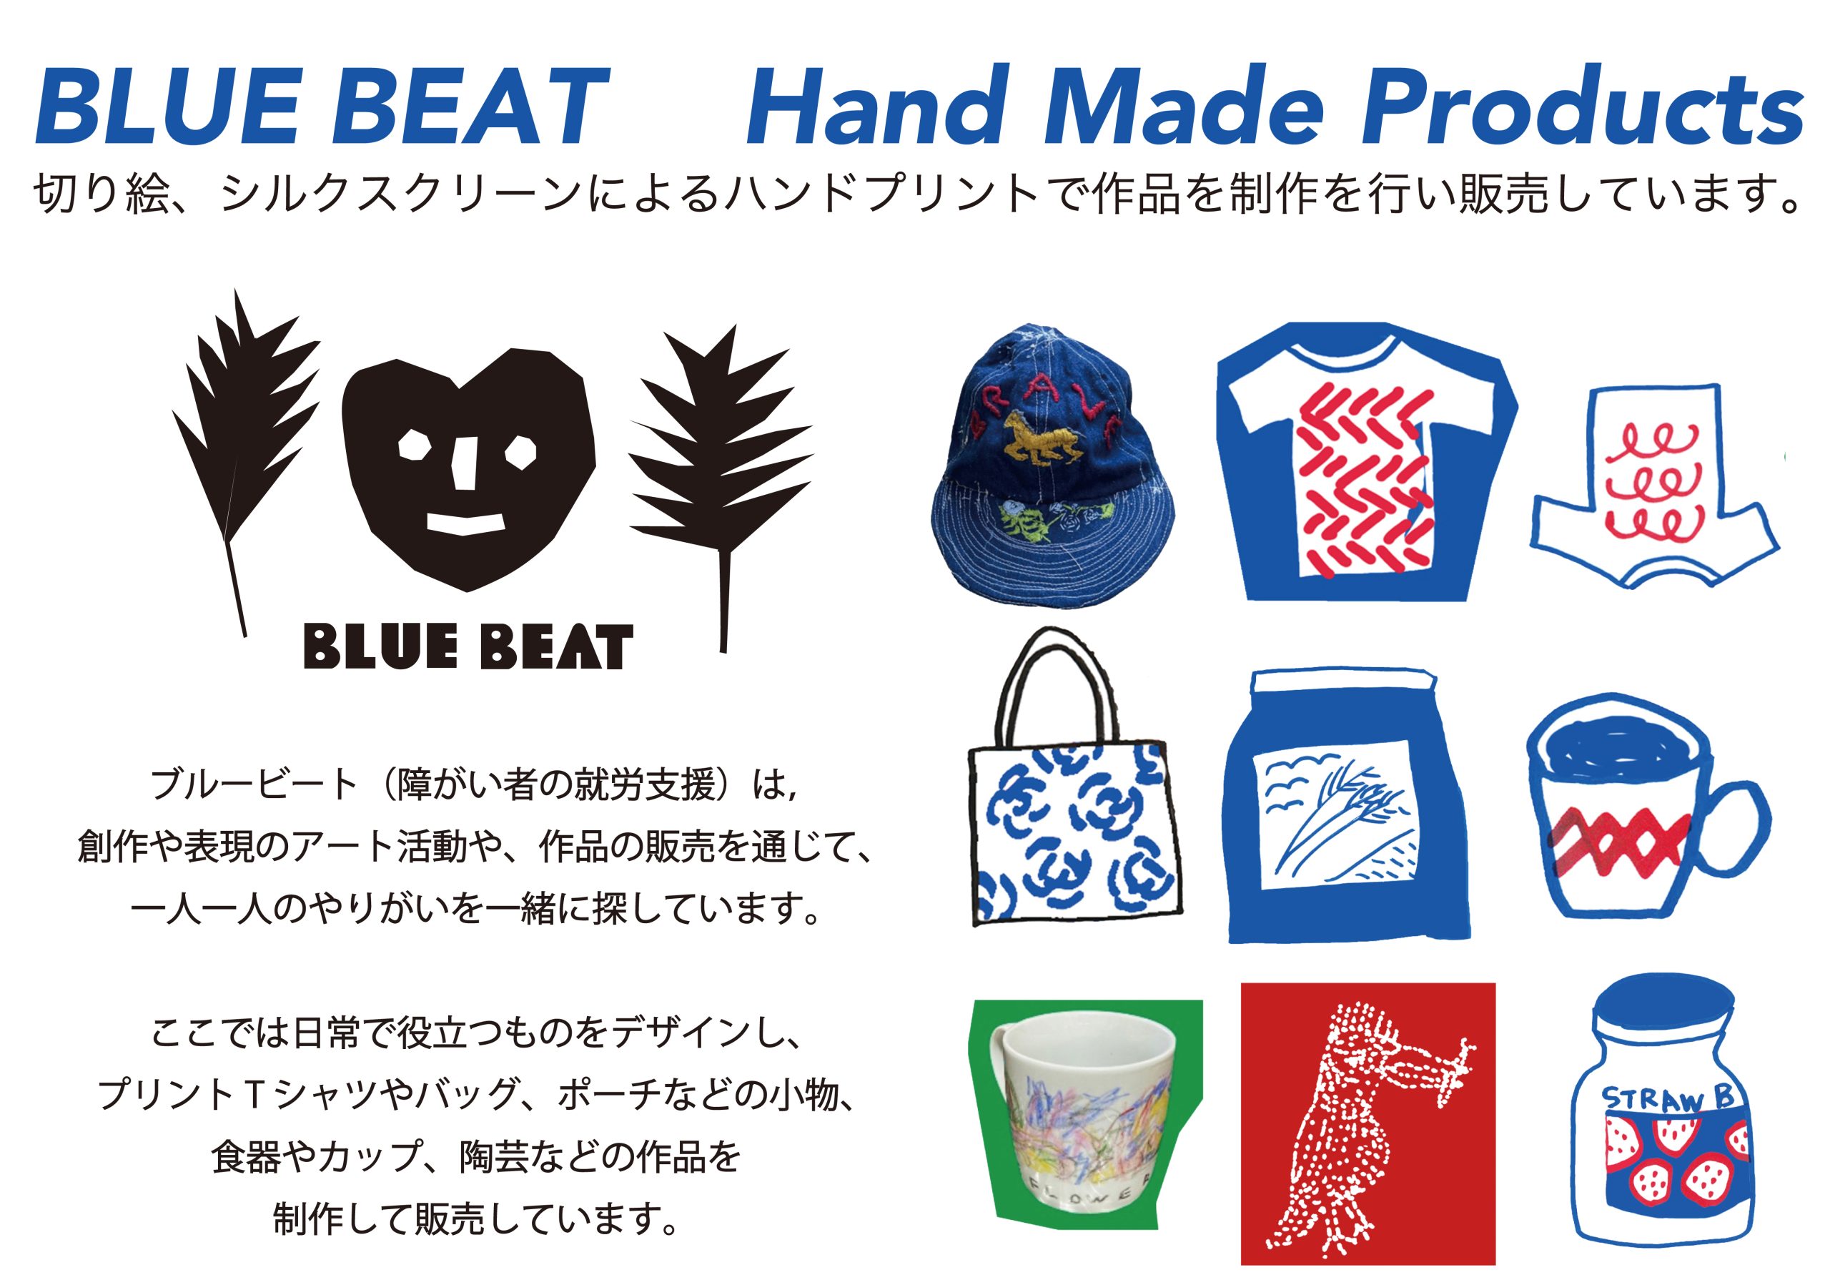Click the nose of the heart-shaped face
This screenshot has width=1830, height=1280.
tap(465, 463)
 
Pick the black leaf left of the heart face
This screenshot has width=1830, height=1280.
tap(243, 447)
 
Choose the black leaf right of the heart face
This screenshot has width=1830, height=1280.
tap(721, 478)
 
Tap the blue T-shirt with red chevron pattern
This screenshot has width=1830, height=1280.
tap(1365, 461)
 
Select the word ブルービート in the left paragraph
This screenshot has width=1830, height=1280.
tap(254, 784)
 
